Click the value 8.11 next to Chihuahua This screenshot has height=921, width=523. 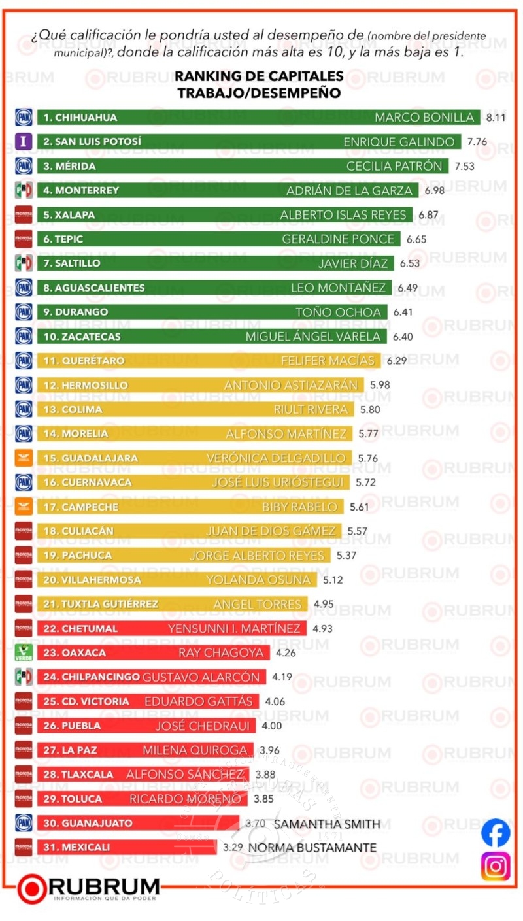(496, 118)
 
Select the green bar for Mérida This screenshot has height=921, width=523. (242, 166)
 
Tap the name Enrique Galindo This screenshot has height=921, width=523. (399, 142)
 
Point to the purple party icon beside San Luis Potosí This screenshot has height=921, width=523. (24, 142)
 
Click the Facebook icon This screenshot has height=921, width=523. (496, 833)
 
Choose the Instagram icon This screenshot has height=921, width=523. (496, 866)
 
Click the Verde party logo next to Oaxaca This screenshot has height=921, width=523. (24, 652)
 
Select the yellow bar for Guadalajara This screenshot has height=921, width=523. (194, 458)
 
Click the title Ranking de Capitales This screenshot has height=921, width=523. (259, 76)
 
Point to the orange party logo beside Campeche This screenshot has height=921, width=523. (24, 507)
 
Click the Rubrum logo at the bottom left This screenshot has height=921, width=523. (88, 889)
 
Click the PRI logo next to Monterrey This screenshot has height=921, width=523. (24, 190)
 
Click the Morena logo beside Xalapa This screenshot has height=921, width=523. (24, 214)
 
